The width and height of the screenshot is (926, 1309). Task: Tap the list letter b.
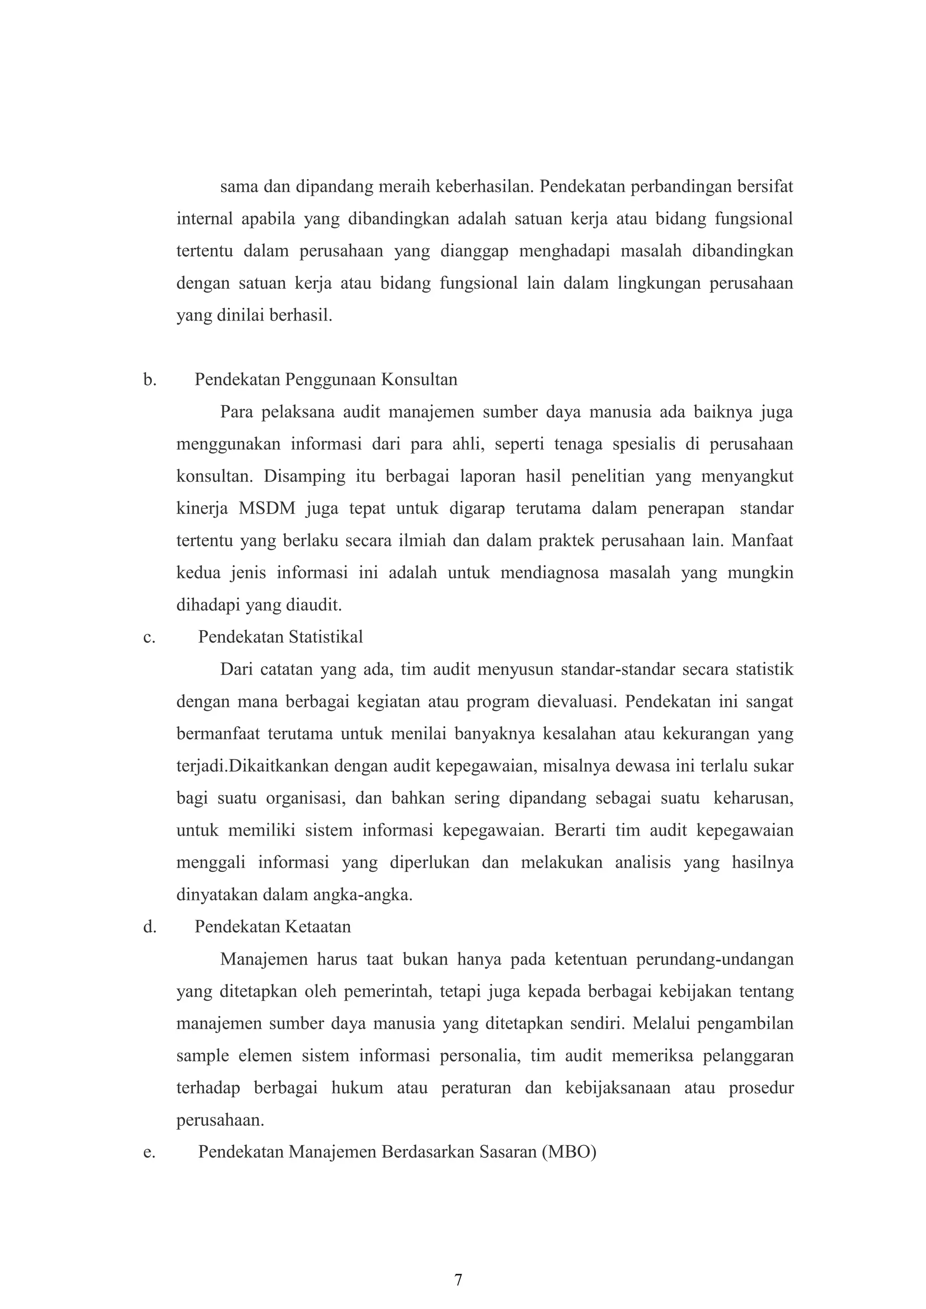[149, 380]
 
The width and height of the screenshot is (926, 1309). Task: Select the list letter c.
[149, 637]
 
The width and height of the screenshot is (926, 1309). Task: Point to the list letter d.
[149, 927]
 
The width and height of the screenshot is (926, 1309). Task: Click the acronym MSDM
[267, 509]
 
